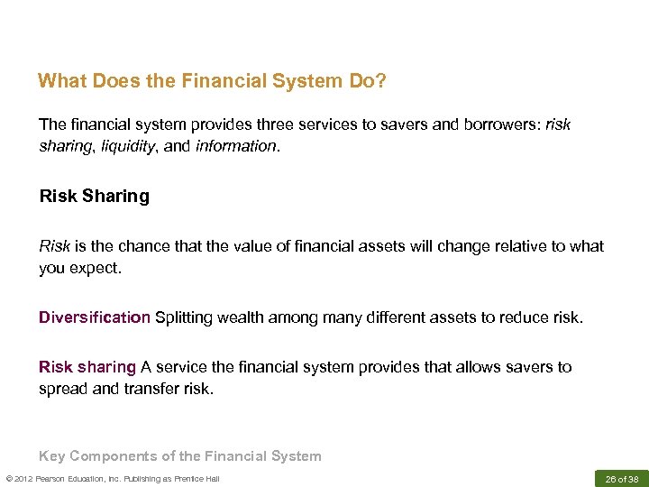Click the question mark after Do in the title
click(382, 81)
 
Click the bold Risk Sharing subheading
click(94, 196)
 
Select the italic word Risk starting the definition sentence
click(54, 246)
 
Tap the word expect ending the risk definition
click(95, 268)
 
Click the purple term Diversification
click(94, 317)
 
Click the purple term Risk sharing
click(87, 367)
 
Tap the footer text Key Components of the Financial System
click(179, 455)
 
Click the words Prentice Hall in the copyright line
click(197, 479)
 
